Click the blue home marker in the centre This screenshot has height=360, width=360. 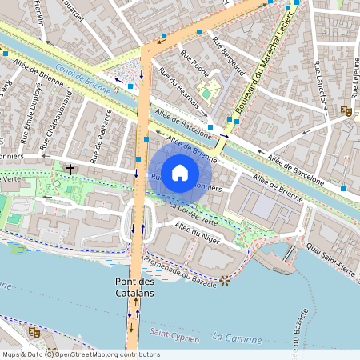click(x=180, y=173)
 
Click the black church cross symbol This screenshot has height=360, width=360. click(x=70, y=169)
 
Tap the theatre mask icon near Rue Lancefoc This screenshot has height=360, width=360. click(x=346, y=111)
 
